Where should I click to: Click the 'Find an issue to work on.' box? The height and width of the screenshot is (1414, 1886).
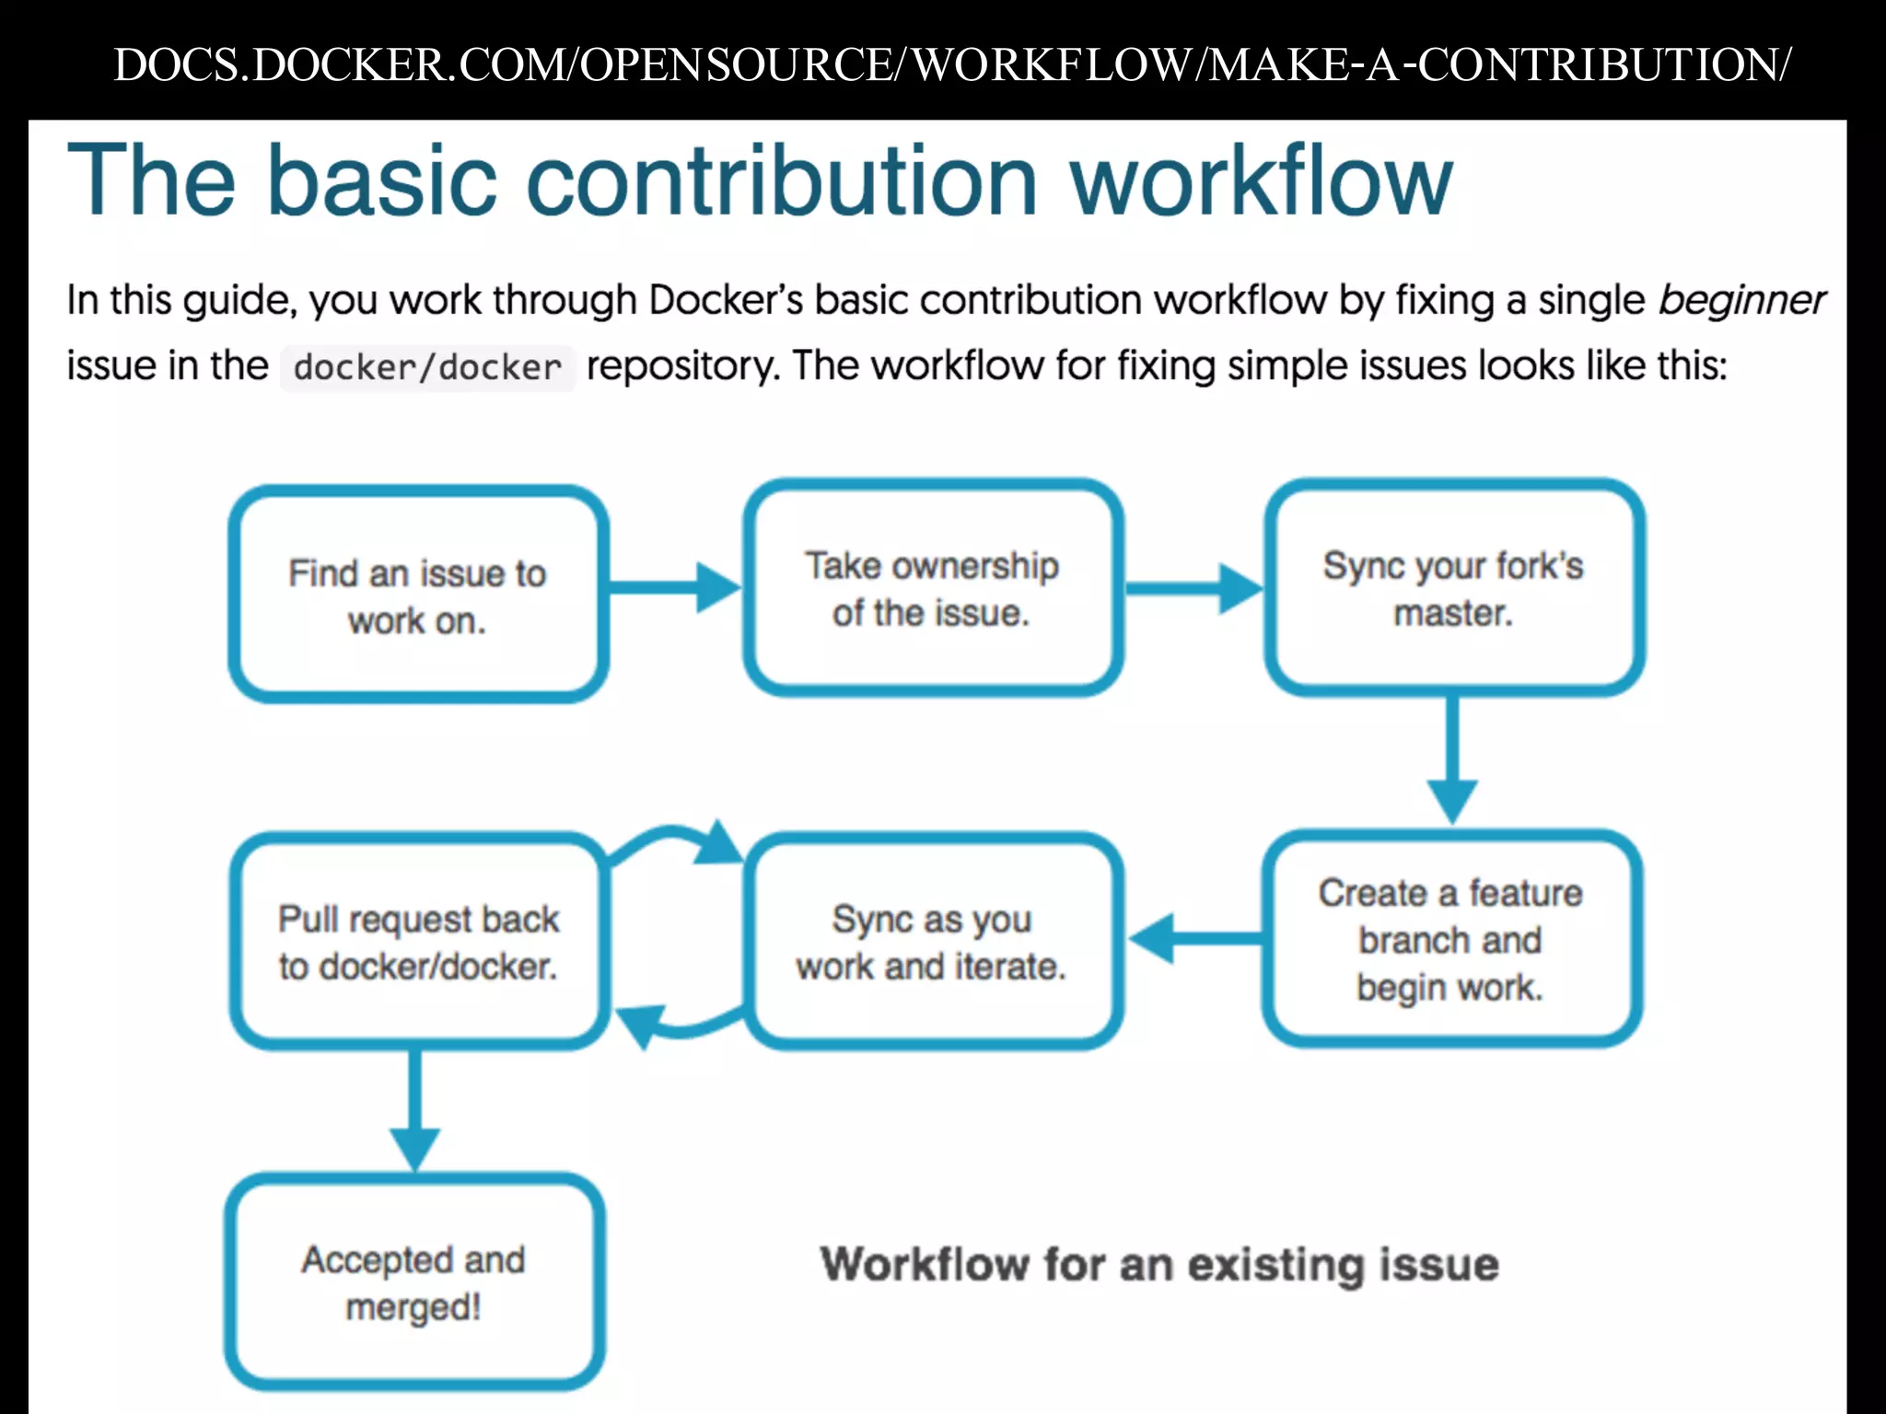click(x=418, y=596)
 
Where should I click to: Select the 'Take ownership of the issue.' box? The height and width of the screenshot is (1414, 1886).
click(x=932, y=588)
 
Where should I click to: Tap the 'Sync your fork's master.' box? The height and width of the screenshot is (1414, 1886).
click(x=1453, y=588)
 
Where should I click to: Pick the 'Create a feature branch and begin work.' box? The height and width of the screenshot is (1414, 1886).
click(x=1450, y=939)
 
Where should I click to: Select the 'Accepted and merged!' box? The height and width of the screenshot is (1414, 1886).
click(x=413, y=1282)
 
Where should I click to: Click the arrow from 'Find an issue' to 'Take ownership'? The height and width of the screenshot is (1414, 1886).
click(x=675, y=587)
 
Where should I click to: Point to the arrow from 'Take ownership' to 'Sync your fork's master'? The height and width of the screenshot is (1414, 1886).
click(x=1193, y=587)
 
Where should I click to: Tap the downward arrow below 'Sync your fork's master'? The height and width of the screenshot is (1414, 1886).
click(x=1452, y=759)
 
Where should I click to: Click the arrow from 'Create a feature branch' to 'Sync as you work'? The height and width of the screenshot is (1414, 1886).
click(x=1195, y=938)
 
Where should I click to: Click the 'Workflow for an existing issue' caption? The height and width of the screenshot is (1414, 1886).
click(x=1159, y=1264)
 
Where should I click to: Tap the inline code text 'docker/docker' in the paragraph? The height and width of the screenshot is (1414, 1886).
click(x=427, y=368)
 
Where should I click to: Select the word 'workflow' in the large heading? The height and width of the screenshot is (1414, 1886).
click(x=1261, y=180)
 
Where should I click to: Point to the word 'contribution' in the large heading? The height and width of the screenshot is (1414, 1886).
click(x=782, y=180)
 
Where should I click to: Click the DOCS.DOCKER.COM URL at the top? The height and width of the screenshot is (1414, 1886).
click(x=952, y=64)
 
